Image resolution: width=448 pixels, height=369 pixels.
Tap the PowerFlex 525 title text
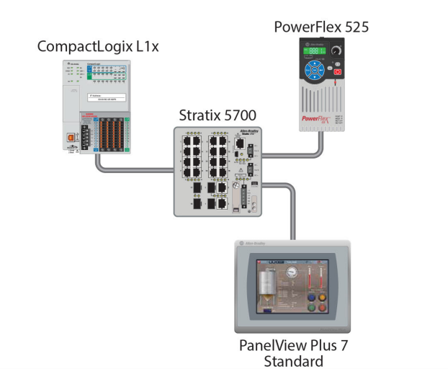(x=321, y=27)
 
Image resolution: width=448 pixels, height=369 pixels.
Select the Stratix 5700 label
(x=217, y=115)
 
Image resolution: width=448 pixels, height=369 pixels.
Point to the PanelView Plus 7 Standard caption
(x=292, y=352)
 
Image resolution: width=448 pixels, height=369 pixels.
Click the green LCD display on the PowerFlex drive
(x=314, y=51)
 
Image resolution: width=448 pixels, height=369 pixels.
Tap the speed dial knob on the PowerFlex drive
(x=334, y=52)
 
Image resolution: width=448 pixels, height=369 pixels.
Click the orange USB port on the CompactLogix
(x=72, y=136)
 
